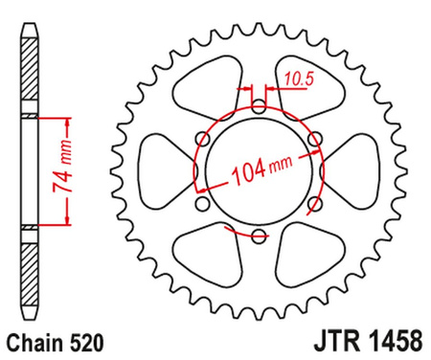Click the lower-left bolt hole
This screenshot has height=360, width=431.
(x=200, y=202)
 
